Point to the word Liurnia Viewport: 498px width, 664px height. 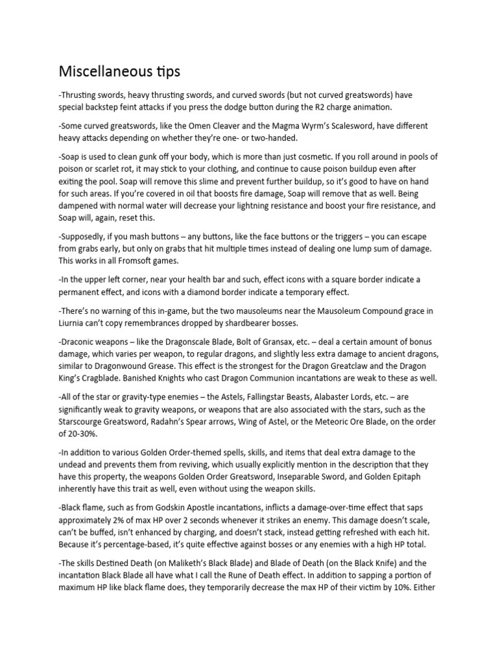pyautogui.click(x=73, y=323)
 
